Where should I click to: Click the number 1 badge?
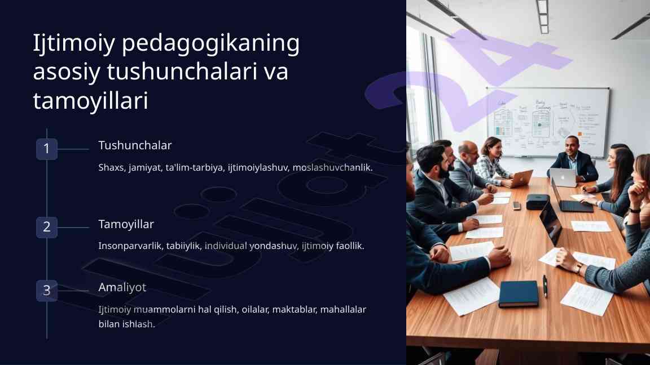(x=47, y=149)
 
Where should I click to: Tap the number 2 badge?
(x=47, y=227)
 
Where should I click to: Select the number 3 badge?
(x=47, y=291)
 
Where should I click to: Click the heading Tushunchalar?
(x=135, y=145)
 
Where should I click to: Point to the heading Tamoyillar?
(x=126, y=224)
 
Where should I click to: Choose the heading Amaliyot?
(x=122, y=287)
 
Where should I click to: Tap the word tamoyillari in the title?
(x=90, y=101)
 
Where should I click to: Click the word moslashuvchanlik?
(x=332, y=168)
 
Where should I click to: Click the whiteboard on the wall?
(x=547, y=122)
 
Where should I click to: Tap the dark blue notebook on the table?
(x=519, y=294)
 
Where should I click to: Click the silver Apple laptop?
(x=563, y=177)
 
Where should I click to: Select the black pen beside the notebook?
(x=545, y=286)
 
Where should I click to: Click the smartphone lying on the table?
(x=516, y=206)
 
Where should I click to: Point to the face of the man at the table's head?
(x=572, y=146)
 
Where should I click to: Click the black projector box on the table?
(x=538, y=202)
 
